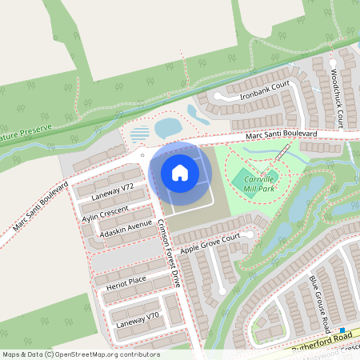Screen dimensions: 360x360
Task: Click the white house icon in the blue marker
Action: click(x=179, y=173)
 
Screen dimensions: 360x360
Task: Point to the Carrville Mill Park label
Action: click(x=259, y=182)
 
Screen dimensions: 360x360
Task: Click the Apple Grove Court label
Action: click(x=210, y=244)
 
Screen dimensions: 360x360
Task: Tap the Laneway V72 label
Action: click(x=112, y=191)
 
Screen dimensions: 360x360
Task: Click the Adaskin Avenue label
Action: click(x=125, y=229)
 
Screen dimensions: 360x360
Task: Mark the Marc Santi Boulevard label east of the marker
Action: click(x=281, y=135)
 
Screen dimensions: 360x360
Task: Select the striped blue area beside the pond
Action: click(x=140, y=132)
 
